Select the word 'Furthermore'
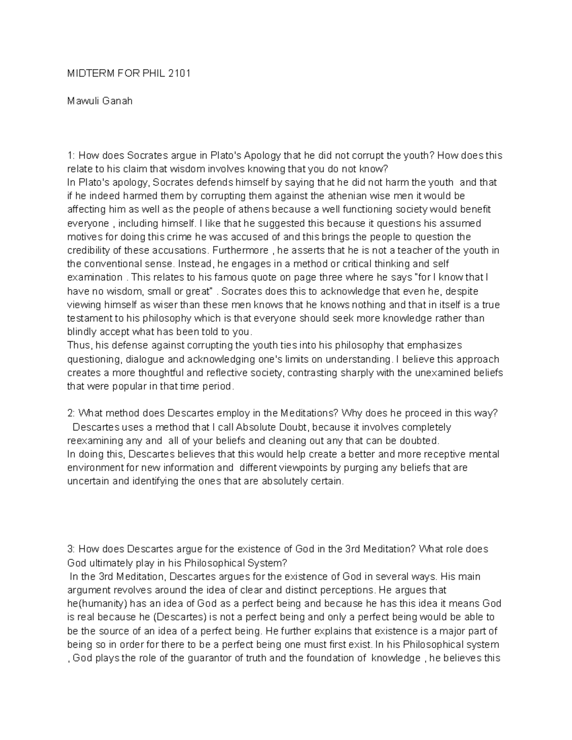(x=241, y=250)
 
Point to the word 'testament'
(x=89, y=318)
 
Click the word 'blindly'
(x=82, y=332)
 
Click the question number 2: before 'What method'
(x=71, y=413)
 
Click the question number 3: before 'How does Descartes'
(x=71, y=549)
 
